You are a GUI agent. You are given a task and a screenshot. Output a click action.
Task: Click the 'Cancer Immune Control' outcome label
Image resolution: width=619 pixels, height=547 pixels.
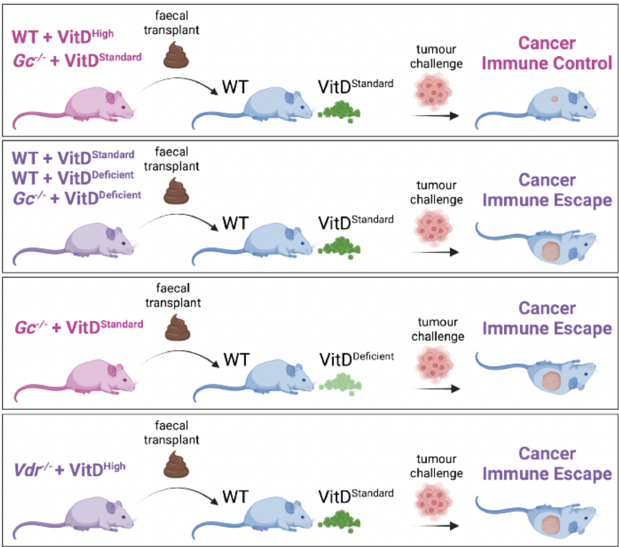pos(547,53)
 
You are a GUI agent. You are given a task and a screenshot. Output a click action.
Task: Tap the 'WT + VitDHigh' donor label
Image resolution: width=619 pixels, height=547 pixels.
pos(63,37)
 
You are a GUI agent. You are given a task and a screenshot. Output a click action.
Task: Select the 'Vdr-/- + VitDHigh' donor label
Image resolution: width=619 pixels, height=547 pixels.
pos(70,470)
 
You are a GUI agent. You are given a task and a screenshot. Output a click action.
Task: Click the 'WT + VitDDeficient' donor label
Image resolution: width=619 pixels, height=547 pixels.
pos(73,178)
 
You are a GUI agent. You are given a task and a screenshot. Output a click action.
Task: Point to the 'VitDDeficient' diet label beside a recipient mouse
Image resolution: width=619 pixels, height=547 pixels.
pos(357,359)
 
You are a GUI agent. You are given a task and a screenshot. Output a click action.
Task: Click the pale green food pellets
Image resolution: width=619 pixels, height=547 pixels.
pos(340,384)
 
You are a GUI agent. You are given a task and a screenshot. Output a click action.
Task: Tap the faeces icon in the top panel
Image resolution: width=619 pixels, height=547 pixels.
pos(176,55)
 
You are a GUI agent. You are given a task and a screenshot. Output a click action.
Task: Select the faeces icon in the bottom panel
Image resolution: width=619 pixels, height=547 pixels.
pos(176,464)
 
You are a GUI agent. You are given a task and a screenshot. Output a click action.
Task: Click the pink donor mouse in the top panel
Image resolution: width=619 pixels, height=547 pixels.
pos(73,107)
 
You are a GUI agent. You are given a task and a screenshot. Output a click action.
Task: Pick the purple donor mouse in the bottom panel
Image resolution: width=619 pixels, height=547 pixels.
pos(73,516)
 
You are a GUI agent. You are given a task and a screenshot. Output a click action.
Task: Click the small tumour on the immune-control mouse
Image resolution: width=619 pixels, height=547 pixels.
pos(555,99)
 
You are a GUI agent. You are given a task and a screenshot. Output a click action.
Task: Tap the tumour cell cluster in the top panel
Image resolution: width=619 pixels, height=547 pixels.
pos(433,91)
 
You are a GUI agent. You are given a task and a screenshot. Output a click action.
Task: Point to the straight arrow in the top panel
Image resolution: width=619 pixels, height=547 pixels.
pos(435,116)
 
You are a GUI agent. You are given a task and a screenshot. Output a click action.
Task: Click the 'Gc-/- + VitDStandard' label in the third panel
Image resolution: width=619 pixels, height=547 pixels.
pos(79,327)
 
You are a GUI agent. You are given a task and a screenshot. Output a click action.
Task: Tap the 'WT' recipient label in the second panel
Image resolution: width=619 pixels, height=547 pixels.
pos(235,223)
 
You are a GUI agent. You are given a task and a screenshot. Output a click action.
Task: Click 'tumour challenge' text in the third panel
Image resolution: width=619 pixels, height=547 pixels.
pos(438,329)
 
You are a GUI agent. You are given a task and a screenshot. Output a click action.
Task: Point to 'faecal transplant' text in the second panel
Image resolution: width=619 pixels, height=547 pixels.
pos(172,159)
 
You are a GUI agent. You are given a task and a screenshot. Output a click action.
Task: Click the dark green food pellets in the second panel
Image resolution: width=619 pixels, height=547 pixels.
pos(339,247)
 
